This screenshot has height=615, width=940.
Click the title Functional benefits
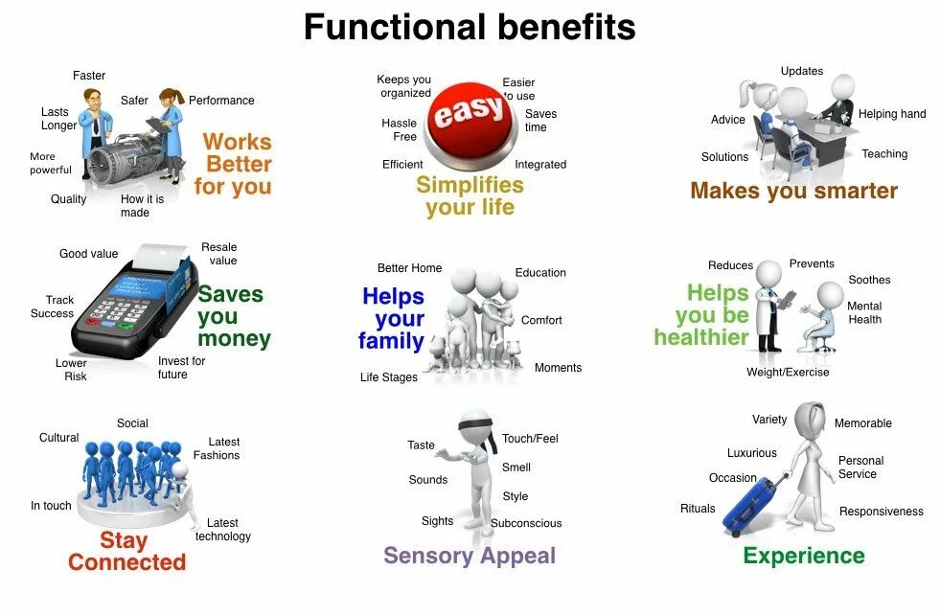[470, 27]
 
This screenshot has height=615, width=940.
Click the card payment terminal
[131, 299]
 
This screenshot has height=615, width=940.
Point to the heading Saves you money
[233, 316]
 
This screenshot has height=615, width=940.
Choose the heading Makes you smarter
[793, 191]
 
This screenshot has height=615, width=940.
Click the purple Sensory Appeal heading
[470, 556]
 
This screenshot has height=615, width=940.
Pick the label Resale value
[219, 254]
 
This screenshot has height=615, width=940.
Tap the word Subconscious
[526, 523]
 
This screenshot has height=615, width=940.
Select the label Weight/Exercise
[788, 372]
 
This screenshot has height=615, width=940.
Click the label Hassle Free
[399, 129]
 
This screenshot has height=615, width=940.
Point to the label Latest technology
[222, 530]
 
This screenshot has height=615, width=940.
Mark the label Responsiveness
[881, 512]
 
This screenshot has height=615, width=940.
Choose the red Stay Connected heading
[126, 552]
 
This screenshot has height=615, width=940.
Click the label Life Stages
[389, 377]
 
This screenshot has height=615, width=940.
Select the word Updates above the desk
[802, 71]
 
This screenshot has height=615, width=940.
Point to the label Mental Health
[864, 312]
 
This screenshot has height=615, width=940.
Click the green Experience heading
[804, 556]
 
